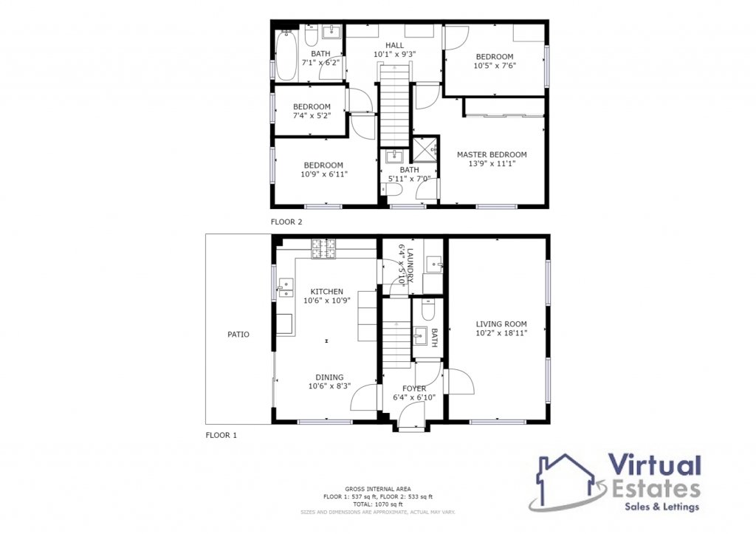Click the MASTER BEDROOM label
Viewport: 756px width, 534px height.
[x=492, y=154]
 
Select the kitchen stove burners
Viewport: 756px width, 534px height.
[x=323, y=249]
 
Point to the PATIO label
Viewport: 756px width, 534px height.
[x=238, y=335]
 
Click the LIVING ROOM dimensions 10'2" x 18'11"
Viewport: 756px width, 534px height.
[x=501, y=333]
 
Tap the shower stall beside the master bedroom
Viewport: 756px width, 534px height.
[x=425, y=149]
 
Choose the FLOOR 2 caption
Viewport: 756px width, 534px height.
[x=286, y=222]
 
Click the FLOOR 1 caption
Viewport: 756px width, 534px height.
[x=221, y=435]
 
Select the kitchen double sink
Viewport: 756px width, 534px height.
[x=285, y=287]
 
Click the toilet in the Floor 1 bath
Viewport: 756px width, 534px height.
[x=428, y=309]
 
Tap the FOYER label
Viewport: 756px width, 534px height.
[x=414, y=388]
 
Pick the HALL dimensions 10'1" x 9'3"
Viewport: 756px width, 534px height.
[x=394, y=55]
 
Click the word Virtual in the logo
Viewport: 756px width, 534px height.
[x=654, y=467]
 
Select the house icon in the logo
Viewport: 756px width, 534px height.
[x=566, y=481]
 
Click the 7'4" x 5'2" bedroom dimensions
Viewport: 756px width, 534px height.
[x=312, y=116]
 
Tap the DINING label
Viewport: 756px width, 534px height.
[x=330, y=377]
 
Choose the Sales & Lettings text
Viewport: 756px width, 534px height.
[x=662, y=507]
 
